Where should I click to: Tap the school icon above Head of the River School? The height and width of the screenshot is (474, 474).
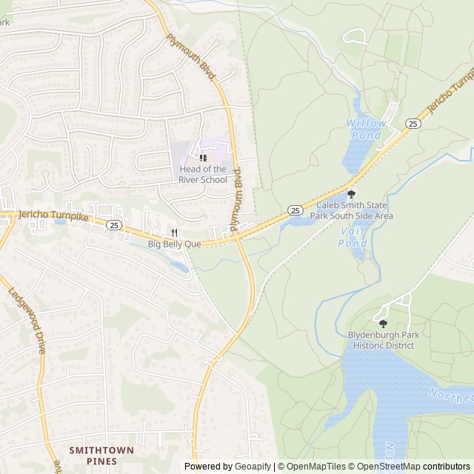coord(203,158)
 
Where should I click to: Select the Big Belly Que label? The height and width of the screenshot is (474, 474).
coord(175,243)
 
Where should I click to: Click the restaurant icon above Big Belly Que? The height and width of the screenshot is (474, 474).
coord(175,232)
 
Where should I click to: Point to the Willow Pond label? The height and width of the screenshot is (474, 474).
coord(366,130)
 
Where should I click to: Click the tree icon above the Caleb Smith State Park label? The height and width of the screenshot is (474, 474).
coord(351,194)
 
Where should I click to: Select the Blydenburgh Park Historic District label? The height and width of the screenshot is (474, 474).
coord(383,340)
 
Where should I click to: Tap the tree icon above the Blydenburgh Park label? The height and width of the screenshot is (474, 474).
coord(383,324)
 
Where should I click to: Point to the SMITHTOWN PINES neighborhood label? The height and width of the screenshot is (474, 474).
coord(101,455)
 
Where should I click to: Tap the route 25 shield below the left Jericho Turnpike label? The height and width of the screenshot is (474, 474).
coord(113,224)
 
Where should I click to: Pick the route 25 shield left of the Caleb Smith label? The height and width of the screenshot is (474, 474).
coord(296,211)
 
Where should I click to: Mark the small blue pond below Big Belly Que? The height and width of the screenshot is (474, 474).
coord(178,266)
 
